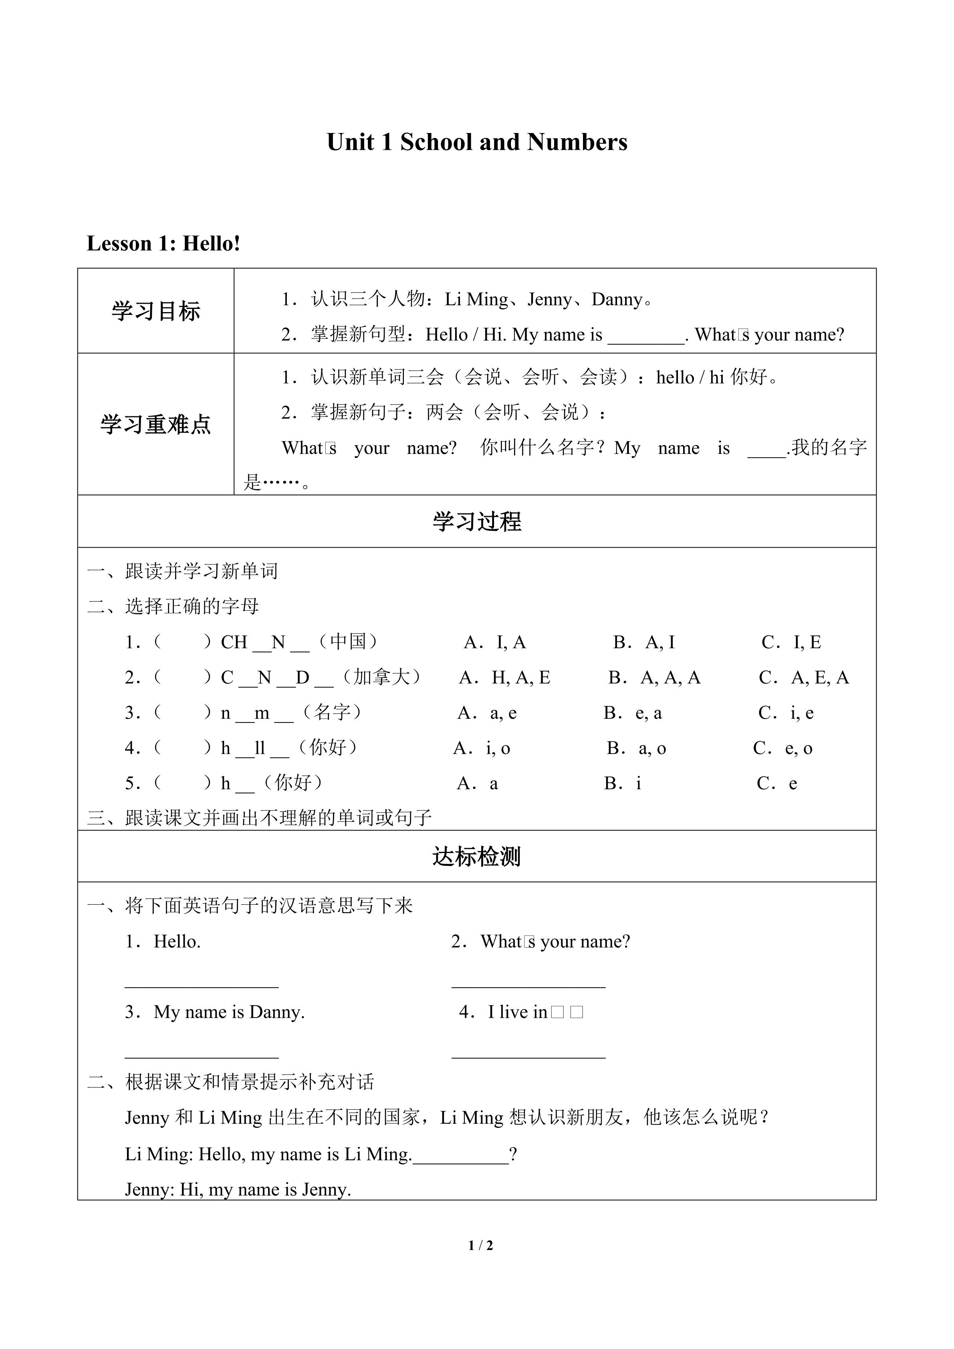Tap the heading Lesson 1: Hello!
point(163,243)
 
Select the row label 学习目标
point(156,311)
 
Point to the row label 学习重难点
point(156,424)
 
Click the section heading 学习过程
point(476,522)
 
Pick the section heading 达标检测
point(476,857)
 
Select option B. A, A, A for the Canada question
point(654,678)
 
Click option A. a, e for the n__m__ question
point(487,713)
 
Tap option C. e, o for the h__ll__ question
point(783,748)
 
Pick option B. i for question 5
point(623,783)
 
